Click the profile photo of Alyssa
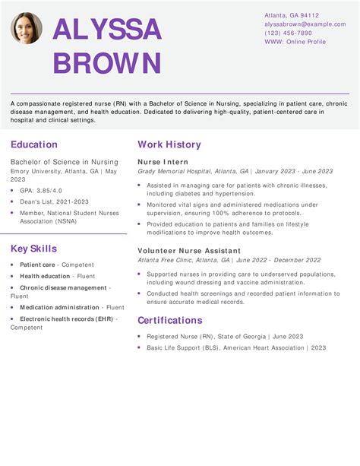27,28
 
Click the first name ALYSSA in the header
107,30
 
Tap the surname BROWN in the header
107,63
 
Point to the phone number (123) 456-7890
288,33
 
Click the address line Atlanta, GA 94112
292,15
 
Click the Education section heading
34,144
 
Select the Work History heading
169,144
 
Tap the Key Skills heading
33,249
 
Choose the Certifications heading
169,320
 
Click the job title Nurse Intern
163,162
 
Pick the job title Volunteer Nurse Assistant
188,251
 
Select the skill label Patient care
37,265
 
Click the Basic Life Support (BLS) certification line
235,347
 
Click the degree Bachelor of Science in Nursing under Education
65,162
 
